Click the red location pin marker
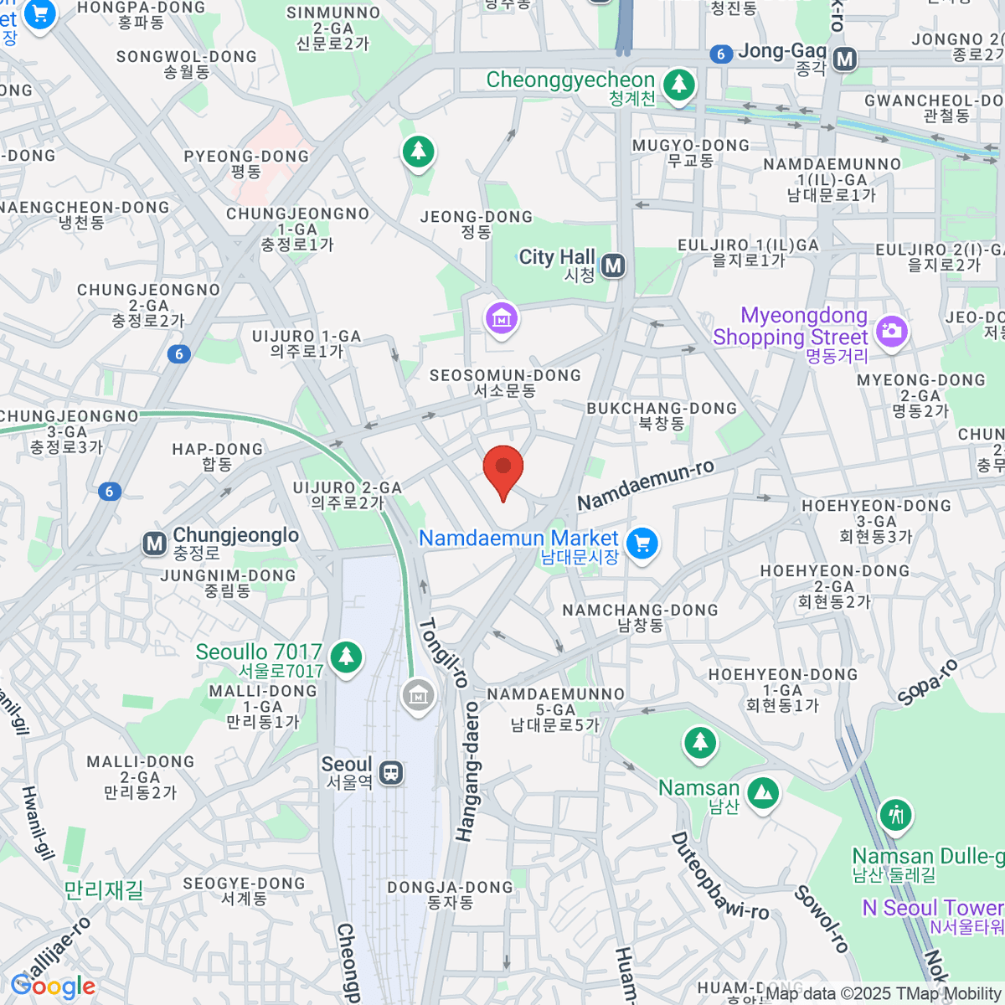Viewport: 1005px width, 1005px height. (x=503, y=469)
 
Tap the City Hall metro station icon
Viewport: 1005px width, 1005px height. (x=614, y=266)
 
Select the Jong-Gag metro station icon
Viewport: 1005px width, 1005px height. (x=845, y=59)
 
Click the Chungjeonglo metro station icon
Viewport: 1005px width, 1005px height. (x=154, y=544)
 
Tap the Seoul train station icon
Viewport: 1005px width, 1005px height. (x=391, y=772)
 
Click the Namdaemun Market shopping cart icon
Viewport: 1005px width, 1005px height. (x=642, y=544)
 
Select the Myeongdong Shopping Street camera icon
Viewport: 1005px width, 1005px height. (x=891, y=331)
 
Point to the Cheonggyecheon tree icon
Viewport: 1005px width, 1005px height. (x=678, y=84)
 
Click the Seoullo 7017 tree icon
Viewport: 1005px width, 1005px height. (x=345, y=656)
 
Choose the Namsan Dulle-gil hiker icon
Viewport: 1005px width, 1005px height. (x=896, y=814)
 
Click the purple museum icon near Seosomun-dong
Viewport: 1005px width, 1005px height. (x=501, y=318)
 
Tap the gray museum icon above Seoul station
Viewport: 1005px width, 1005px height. (x=417, y=694)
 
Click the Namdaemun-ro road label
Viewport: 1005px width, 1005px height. (x=646, y=485)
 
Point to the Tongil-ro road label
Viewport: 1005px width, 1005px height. (x=443, y=652)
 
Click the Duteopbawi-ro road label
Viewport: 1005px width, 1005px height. (x=719, y=876)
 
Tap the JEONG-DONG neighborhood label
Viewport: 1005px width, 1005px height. (x=477, y=224)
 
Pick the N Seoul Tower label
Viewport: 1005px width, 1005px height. (x=933, y=909)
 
